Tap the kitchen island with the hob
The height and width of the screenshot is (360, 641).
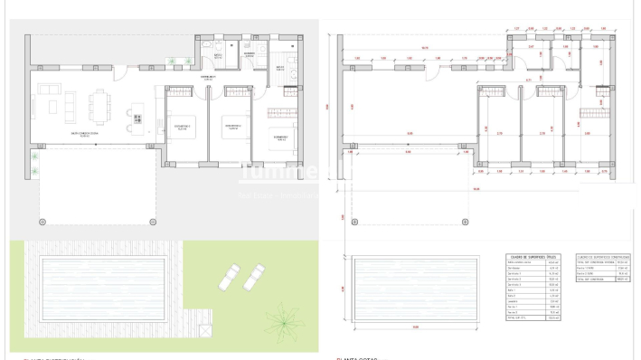(x=137, y=112)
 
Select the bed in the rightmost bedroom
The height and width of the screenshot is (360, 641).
(x=280, y=118)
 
